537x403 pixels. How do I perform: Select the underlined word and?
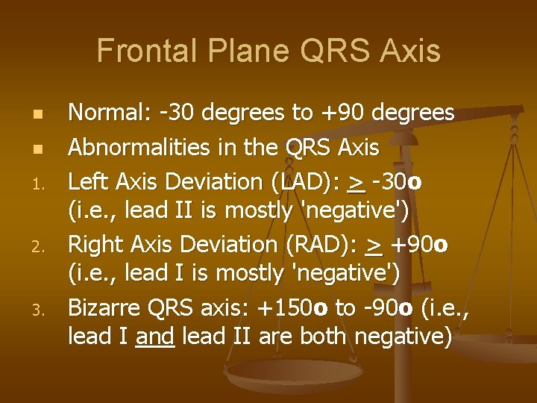154,337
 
